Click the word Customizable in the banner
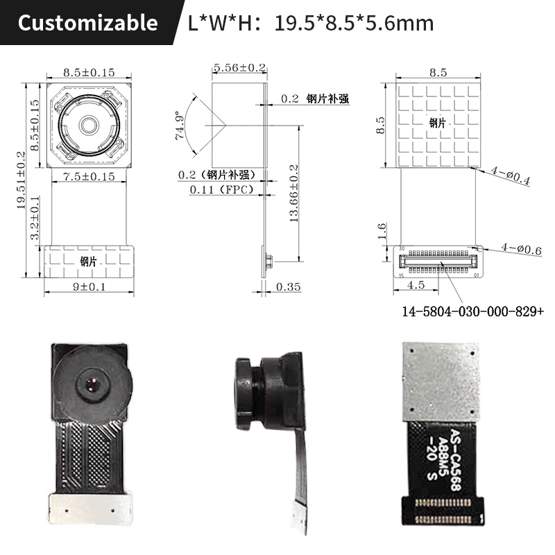coord(87,23)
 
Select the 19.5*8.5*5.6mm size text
coord(354,24)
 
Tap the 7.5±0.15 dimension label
coord(89,178)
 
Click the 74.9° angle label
coord(181,126)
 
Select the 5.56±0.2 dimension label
coord(239,68)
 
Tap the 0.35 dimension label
coord(288,287)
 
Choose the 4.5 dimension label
coord(416,285)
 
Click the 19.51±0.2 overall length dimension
coord(22,181)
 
